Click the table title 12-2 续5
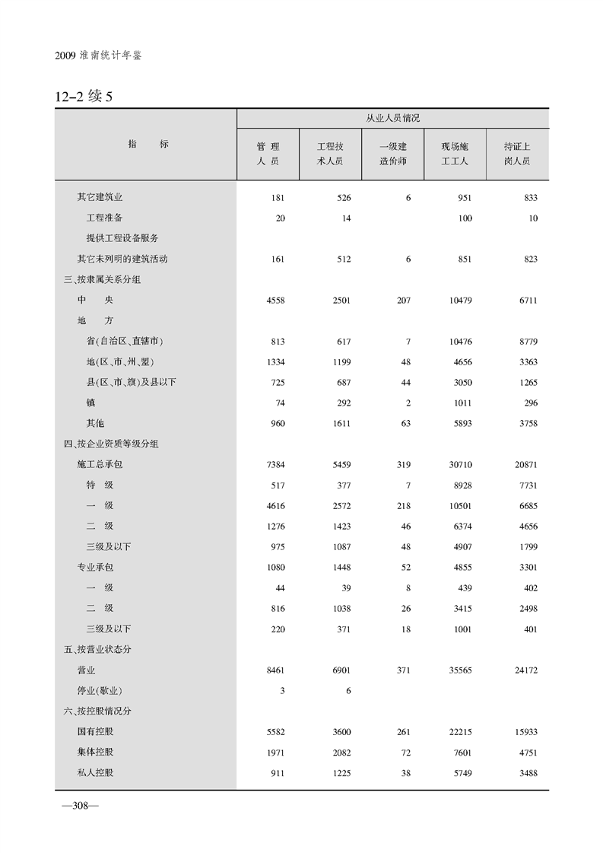click(x=84, y=97)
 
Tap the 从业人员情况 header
click(x=392, y=119)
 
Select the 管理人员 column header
click(x=268, y=154)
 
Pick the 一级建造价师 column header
click(x=392, y=154)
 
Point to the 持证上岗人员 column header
click(x=517, y=154)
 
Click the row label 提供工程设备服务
click(x=122, y=238)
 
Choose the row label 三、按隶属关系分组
click(x=103, y=279)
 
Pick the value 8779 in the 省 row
click(x=525, y=342)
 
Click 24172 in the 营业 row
click(x=523, y=670)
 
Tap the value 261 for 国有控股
click(x=403, y=732)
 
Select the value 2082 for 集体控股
click(x=340, y=753)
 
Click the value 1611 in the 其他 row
click(x=340, y=423)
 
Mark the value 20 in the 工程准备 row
click(x=280, y=218)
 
